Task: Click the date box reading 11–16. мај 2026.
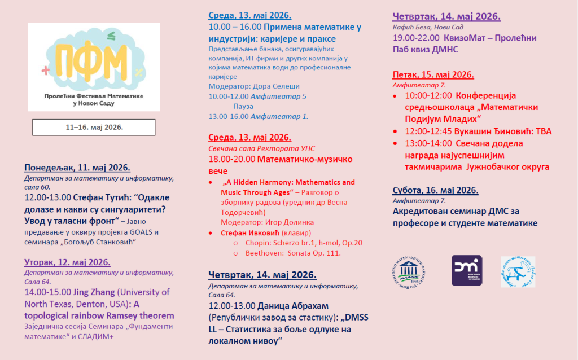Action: (x=94, y=127)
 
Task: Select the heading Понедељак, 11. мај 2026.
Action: (x=77, y=168)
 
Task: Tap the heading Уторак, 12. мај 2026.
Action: (x=67, y=262)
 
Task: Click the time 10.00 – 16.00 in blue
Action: (x=235, y=27)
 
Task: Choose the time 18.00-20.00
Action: (x=231, y=159)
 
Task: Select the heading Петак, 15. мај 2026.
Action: (x=433, y=74)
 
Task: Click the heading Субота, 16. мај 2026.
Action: (x=435, y=190)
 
